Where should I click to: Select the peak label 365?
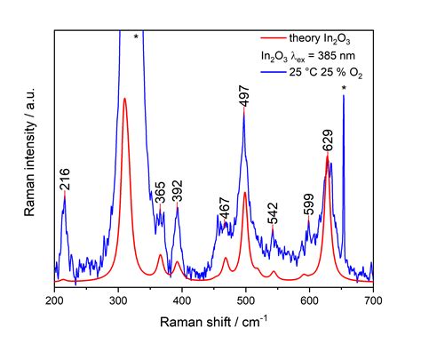(161, 192)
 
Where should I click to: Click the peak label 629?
(328, 140)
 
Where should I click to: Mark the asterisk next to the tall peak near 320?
(136, 37)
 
